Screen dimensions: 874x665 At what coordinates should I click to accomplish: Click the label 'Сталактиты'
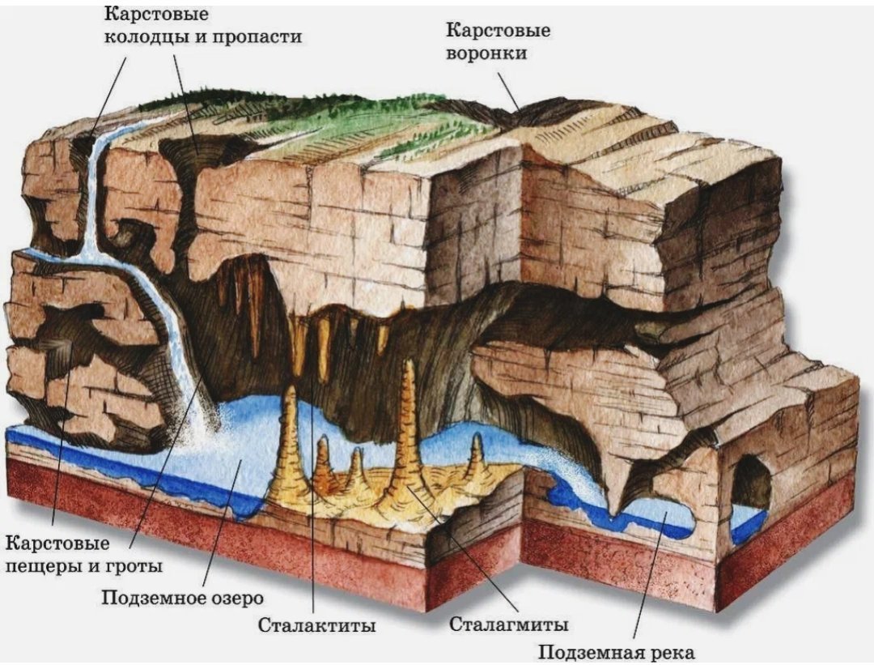click(316, 625)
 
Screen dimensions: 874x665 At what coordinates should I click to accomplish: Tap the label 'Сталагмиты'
click(508, 623)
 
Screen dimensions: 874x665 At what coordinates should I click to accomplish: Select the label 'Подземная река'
click(617, 651)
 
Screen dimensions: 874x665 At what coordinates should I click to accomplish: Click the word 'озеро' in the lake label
click(235, 599)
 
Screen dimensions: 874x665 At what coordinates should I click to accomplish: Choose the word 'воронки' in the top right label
click(486, 53)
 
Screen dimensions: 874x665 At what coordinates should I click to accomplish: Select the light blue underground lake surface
click(245, 446)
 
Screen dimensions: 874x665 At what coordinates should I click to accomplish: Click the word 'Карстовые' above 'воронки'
click(498, 30)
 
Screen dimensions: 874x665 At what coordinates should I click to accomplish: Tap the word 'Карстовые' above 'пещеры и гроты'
click(57, 543)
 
